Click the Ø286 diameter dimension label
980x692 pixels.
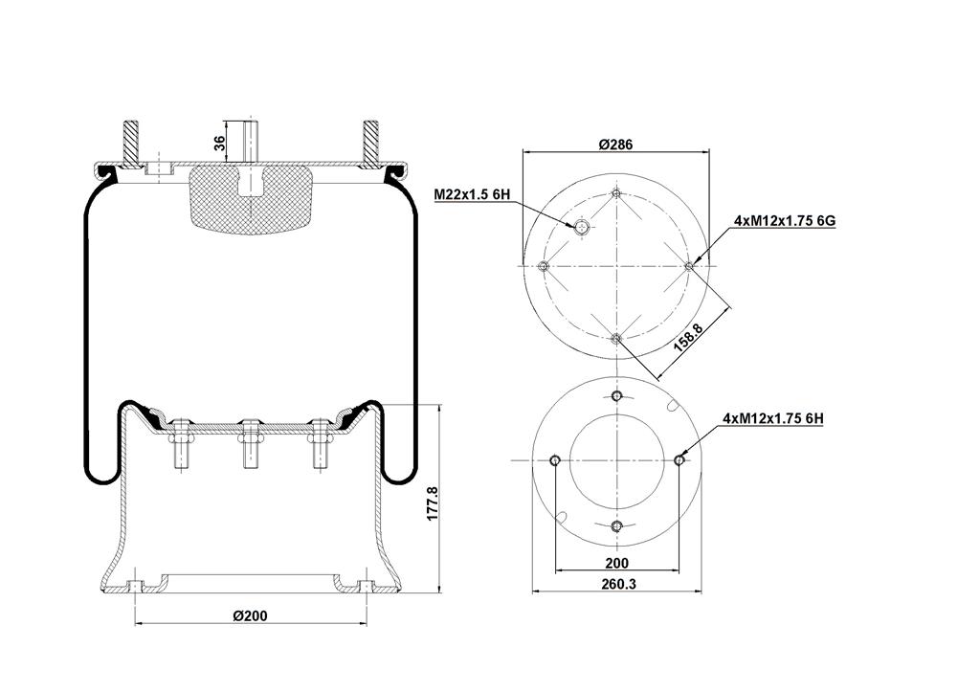(615, 145)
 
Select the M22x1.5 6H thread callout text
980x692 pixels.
(473, 194)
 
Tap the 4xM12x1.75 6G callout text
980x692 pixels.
(785, 221)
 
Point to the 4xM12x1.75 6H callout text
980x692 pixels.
(773, 418)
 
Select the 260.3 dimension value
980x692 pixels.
(617, 584)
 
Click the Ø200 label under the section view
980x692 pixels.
(250, 615)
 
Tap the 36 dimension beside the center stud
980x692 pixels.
(219, 143)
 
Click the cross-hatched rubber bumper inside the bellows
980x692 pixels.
(251, 200)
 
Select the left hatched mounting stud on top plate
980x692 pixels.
(130, 144)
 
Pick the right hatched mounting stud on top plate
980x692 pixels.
(371, 144)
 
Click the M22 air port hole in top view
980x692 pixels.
(582, 228)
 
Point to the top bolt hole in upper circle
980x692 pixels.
(617, 192)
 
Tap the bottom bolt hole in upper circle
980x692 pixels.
(617, 339)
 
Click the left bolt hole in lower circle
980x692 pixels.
(554, 460)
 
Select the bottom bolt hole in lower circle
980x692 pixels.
(617, 525)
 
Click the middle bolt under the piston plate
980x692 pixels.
(251, 444)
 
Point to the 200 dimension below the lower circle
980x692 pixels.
(617, 563)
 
